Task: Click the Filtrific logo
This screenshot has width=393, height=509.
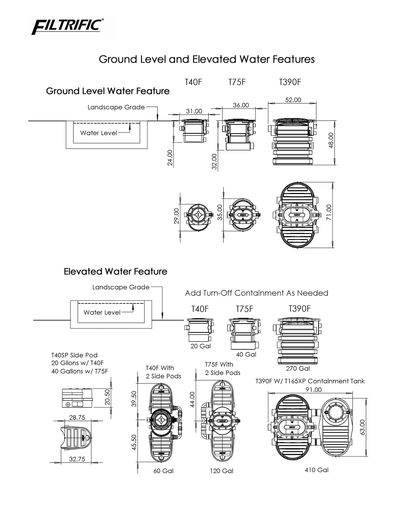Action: (67, 27)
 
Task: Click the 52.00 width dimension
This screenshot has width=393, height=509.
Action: (293, 100)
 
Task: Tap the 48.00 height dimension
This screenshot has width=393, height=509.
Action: (331, 141)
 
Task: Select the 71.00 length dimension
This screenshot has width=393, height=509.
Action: (329, 212)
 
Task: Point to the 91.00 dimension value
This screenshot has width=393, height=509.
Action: (313, 390)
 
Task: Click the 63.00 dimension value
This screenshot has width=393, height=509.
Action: (363, 427)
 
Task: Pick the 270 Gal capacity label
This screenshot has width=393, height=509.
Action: (298, 368)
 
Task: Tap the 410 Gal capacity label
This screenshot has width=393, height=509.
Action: (316, 470)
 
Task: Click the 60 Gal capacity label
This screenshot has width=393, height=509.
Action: (163, 471)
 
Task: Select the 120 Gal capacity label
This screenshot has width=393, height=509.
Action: (221, 471)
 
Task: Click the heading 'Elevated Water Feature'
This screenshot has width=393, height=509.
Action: (115, 271)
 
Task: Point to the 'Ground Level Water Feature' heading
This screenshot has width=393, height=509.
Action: (108, 91)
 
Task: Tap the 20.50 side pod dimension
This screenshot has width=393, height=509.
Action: (107, 397)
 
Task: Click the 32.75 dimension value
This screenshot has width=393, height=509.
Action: (77, 459)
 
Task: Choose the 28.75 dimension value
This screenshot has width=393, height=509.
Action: (77, 417)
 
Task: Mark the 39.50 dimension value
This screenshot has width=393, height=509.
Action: (134, 399)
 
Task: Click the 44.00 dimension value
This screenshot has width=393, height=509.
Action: (193, 399)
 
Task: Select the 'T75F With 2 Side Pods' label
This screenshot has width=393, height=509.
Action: (222, 368)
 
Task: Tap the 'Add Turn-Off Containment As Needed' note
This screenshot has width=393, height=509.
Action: (256, 293)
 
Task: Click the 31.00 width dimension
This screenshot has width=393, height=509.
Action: (194, 111)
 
